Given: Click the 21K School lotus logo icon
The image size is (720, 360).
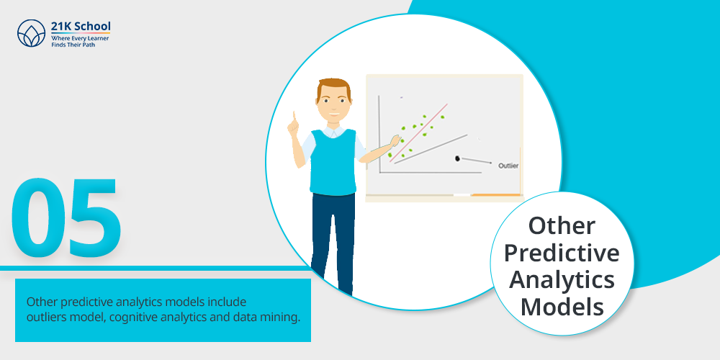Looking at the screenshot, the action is click(x=31, y=33).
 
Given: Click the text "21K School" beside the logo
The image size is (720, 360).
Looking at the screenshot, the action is click(x=81, y=26).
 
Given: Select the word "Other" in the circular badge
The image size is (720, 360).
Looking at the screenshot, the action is click(x=562, y=225).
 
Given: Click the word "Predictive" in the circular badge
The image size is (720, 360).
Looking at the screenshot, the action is click(x=562, y=253).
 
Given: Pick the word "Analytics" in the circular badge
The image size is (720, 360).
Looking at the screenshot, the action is click(x=562, y=280).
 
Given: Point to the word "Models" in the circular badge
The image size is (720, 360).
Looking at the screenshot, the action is click(x=562, y=307).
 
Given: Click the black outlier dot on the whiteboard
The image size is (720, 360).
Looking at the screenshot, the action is click(x=457, y=158).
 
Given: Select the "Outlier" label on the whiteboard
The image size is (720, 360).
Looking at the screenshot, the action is click(x=508, y=166).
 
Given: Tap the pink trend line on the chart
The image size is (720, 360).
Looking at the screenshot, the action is click(x=418, y=132).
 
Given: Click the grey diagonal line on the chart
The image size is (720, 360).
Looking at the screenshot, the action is click(x=431, y=149).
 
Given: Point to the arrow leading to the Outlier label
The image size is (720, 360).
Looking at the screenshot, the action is click(x=476, y=161).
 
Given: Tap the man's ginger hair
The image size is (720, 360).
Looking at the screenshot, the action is click(x=334, y=87).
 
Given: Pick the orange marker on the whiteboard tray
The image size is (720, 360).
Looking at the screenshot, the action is click(x=496, y=195).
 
